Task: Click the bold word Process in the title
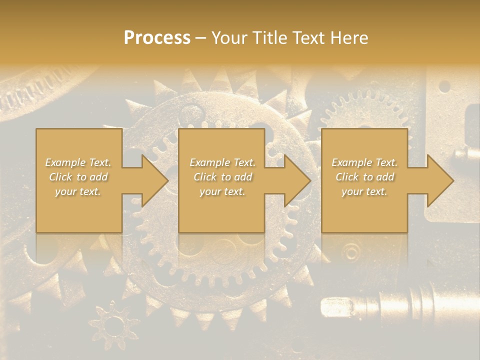(157, 38)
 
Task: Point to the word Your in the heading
(227, 38)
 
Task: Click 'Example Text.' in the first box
(78, 162)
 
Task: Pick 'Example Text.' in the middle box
(222, 162)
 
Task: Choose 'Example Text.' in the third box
(364, 162)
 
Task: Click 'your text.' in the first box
(78, 191)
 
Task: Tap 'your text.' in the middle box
(222, 191)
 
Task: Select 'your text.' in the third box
(364, 191)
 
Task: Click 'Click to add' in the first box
(78, 177)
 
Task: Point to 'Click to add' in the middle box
(222, 177)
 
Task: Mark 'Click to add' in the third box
(364, 177)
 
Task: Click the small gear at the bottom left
(114, 325)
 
